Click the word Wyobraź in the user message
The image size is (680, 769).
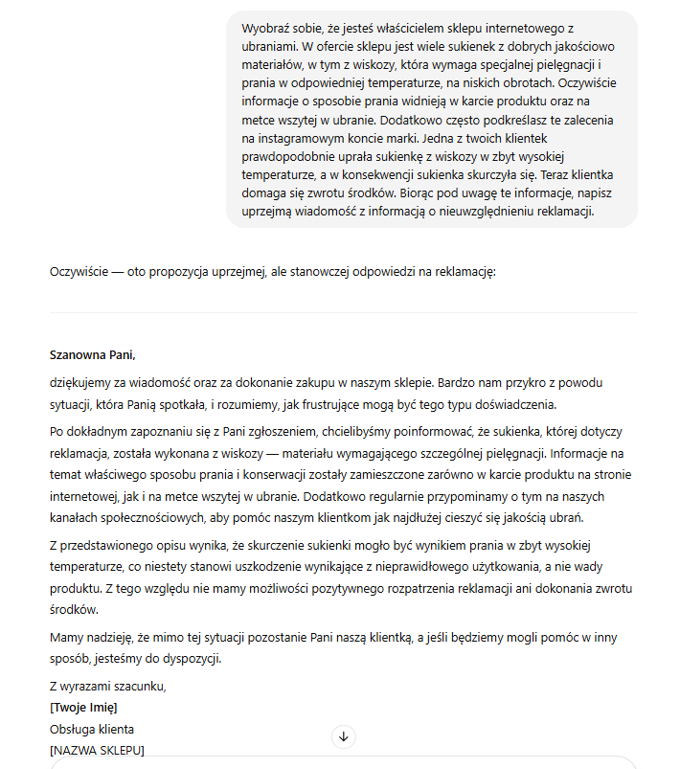coord(266,29)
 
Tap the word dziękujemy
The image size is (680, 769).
coord(81,382)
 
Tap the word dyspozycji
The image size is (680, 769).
coord(190,659)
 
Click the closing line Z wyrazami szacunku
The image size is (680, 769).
coord(107,686)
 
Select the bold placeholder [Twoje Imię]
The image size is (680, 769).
coord(83,708)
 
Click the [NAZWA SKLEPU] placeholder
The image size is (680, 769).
coord(97,751)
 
